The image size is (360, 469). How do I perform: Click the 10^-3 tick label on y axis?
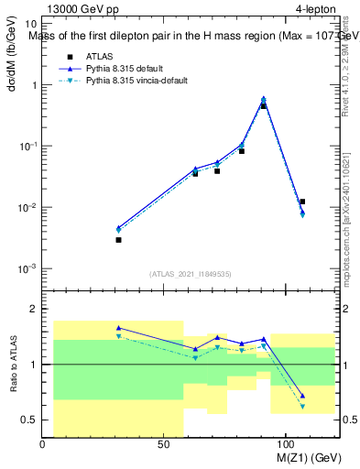coord(27,268)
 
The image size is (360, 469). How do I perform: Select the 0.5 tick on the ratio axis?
coord(28,420)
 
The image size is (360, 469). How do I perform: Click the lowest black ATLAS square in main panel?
coord(118,240)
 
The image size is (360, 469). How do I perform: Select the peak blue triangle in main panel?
coord(264,99)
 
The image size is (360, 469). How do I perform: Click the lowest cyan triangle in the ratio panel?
coord(302,406)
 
